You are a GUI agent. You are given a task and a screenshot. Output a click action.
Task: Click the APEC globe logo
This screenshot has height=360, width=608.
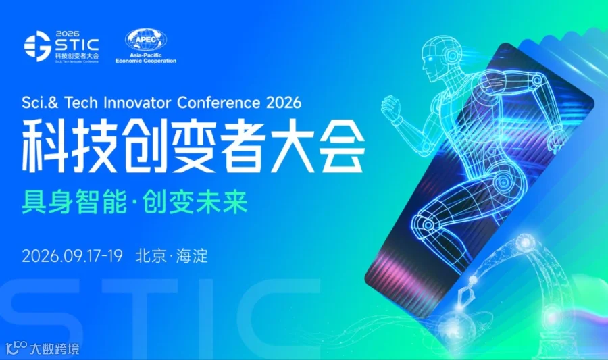[x=146, y=40]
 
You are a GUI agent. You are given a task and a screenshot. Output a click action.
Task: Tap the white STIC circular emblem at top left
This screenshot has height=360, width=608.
[x=38, y=46]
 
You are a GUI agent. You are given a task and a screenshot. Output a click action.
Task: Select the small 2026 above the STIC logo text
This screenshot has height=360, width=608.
[x=68, y=34]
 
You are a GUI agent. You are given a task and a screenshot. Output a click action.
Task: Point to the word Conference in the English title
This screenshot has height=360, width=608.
[x=219, y=103]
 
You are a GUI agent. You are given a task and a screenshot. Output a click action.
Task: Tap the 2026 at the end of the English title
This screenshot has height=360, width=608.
[x=284, y=103]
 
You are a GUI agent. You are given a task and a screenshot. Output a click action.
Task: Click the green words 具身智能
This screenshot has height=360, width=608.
[x=74, y=201]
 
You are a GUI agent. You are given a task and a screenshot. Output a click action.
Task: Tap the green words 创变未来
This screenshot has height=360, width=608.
[x=195, y=201]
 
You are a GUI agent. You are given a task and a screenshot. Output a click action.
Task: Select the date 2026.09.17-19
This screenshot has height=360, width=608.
[x=72, y=256]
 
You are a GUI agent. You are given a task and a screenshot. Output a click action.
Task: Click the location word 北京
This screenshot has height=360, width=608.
[x=151, y=256]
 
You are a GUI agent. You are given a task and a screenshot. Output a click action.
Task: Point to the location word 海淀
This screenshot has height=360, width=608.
[x=192, y=256]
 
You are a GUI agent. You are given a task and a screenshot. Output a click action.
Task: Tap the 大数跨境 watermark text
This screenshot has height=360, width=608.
[x=54, y=349]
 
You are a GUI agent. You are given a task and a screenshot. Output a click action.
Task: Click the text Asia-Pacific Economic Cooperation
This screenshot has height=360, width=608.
[x=146, y=58]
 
